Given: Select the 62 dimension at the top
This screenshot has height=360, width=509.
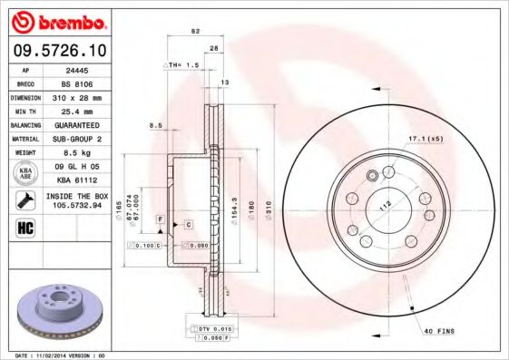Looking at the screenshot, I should [194, 32].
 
